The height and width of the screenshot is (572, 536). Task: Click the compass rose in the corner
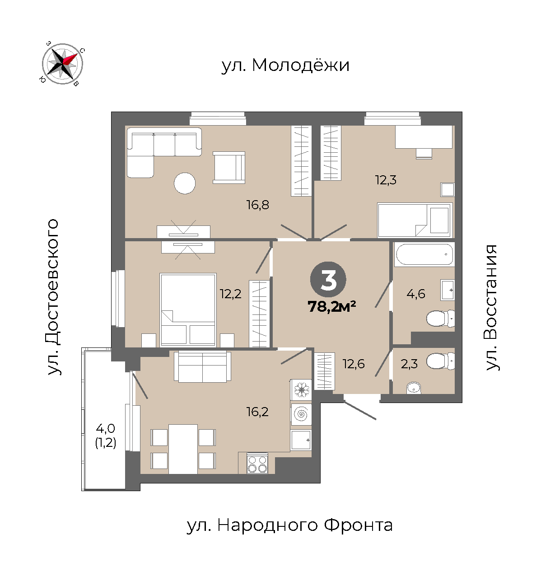coord(62,64)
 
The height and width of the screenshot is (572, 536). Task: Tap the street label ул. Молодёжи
coord(285,66)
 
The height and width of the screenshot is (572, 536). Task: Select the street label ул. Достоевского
coord(53,297)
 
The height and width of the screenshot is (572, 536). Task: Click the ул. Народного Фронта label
coord(289,525)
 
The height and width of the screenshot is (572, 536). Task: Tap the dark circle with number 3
coord(328,279)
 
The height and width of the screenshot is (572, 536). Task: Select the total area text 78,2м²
coord(331,306)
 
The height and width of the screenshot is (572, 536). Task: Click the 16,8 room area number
coord(258,205)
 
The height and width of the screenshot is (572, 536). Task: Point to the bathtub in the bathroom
coord(424,254)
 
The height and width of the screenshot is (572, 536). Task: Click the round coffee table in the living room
coord(185,183)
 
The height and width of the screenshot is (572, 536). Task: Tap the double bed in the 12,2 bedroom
coord(188,309)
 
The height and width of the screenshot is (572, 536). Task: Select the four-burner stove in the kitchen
coord(257,463)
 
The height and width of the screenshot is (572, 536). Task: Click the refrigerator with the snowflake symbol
coord(301,390)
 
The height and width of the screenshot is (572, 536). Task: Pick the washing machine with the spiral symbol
coord(301,414)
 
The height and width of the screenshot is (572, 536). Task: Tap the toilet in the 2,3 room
coord(440,361)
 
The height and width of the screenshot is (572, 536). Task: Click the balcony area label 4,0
coord(105,428)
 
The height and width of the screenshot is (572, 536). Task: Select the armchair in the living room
coord(229,168)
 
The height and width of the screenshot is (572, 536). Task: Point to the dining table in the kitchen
coord(183,449)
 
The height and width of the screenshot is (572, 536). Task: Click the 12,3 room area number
coord(386,180)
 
